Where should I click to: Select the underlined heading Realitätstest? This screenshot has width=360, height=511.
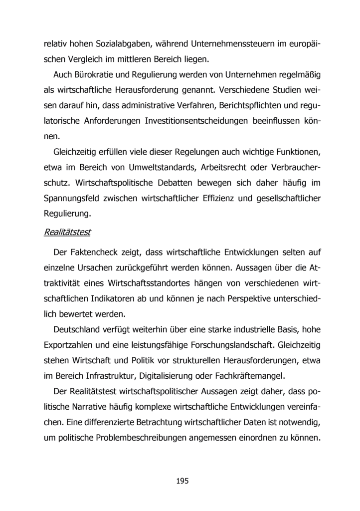click(x=68, y=232)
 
